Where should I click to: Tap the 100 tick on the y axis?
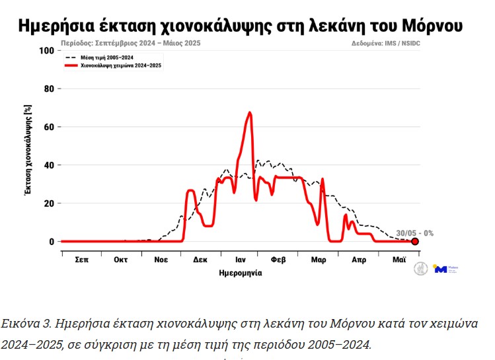point(46,50)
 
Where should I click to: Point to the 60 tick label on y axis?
point(48,127)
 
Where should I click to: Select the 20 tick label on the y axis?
point(48,203)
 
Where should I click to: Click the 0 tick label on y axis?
point(50,242)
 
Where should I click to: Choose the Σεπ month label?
point(81,260)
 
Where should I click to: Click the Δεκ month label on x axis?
point(200,260)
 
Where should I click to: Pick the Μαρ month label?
point(319,260)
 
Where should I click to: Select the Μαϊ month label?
point(399,260)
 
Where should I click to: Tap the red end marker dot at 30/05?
point(415,242)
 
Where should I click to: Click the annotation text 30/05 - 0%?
point(414,233)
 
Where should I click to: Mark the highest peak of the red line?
point(250,113)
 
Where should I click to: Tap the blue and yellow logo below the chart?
point(439,269)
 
